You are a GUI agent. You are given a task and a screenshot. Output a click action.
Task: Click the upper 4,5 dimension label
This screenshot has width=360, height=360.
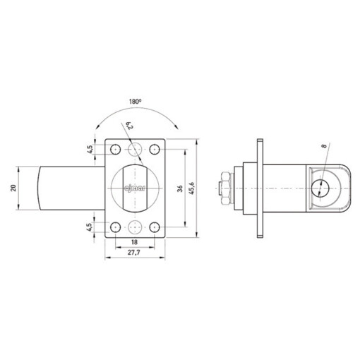90,149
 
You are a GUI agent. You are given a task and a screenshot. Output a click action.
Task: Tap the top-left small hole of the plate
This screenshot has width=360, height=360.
112,150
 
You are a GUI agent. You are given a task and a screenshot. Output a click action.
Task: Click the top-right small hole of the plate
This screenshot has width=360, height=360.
157,150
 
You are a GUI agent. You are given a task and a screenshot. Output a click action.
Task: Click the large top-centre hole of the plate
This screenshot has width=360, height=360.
134,150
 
